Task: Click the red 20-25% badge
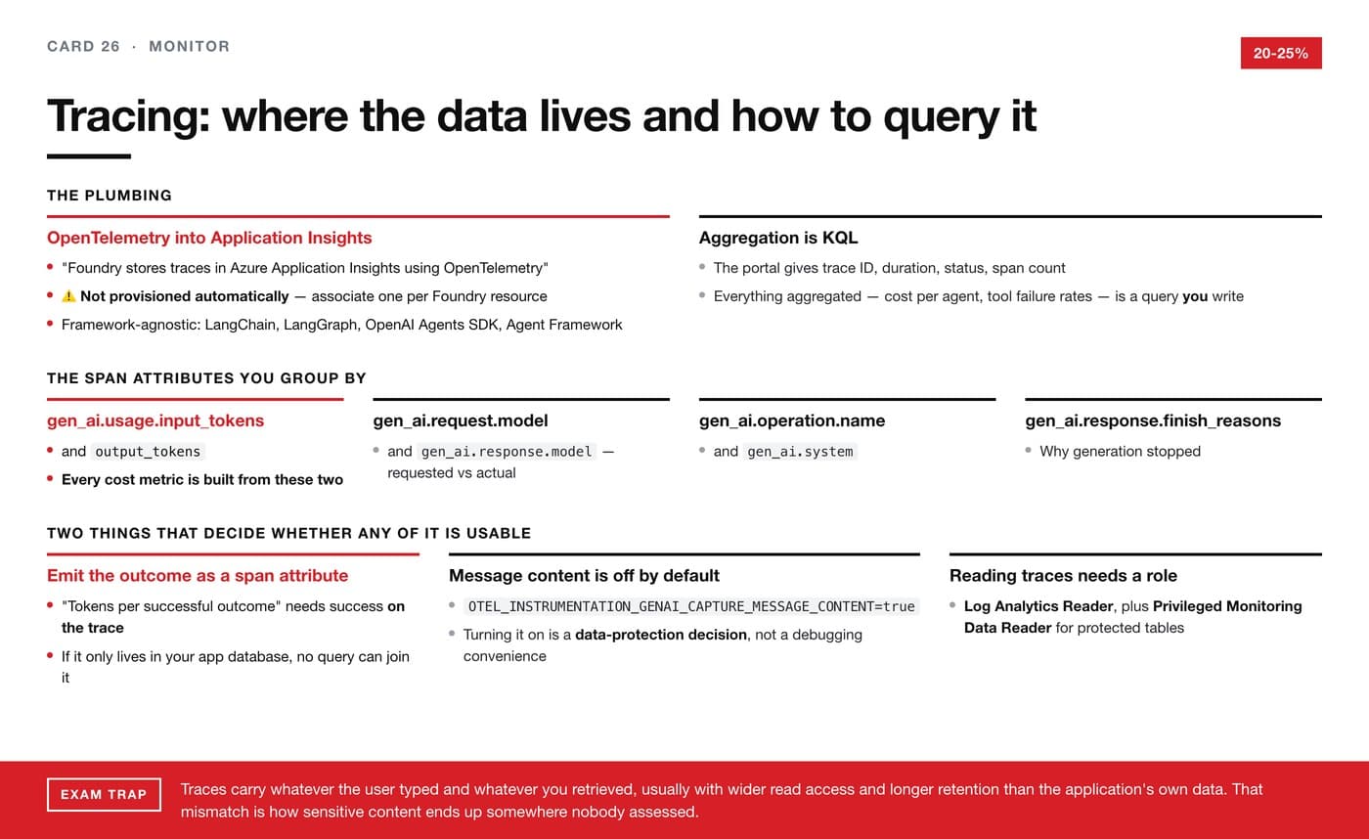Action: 1280,53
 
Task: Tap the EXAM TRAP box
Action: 104,794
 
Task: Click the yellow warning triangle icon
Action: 69,296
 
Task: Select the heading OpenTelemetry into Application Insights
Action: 209,238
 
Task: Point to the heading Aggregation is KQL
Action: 778,238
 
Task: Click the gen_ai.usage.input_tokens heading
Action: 155,420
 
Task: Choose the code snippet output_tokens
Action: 148,452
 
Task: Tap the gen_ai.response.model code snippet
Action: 507,452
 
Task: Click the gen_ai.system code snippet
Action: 800,452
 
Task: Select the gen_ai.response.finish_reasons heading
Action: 1153,420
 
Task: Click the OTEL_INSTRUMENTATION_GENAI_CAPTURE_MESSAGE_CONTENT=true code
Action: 691,606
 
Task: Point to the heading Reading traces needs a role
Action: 1063,576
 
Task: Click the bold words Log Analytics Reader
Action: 1038,606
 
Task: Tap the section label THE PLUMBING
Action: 110,196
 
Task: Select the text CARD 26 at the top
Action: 83,46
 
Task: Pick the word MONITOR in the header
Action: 190,46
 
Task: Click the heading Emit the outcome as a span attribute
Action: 198,576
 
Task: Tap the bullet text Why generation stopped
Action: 1120,452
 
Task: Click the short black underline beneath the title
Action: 89,156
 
